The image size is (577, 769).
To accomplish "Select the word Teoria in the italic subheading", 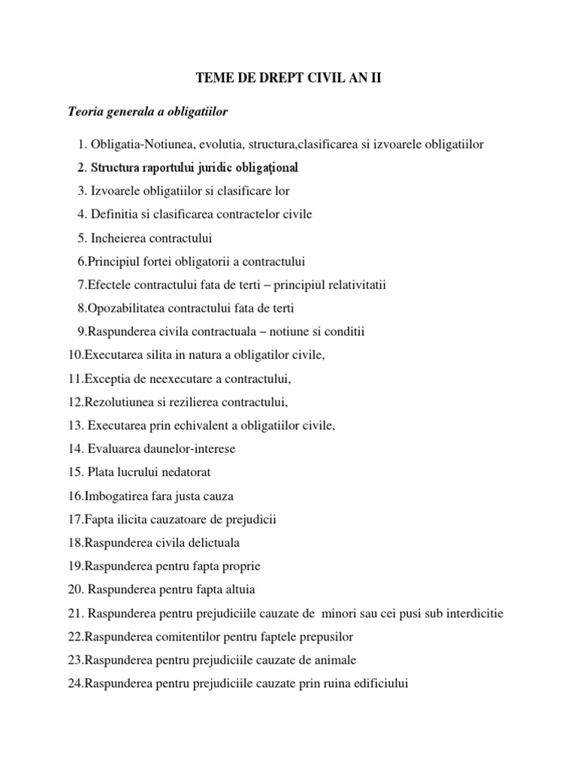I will pos(83,113).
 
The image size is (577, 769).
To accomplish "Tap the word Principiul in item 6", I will pos(111,261).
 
